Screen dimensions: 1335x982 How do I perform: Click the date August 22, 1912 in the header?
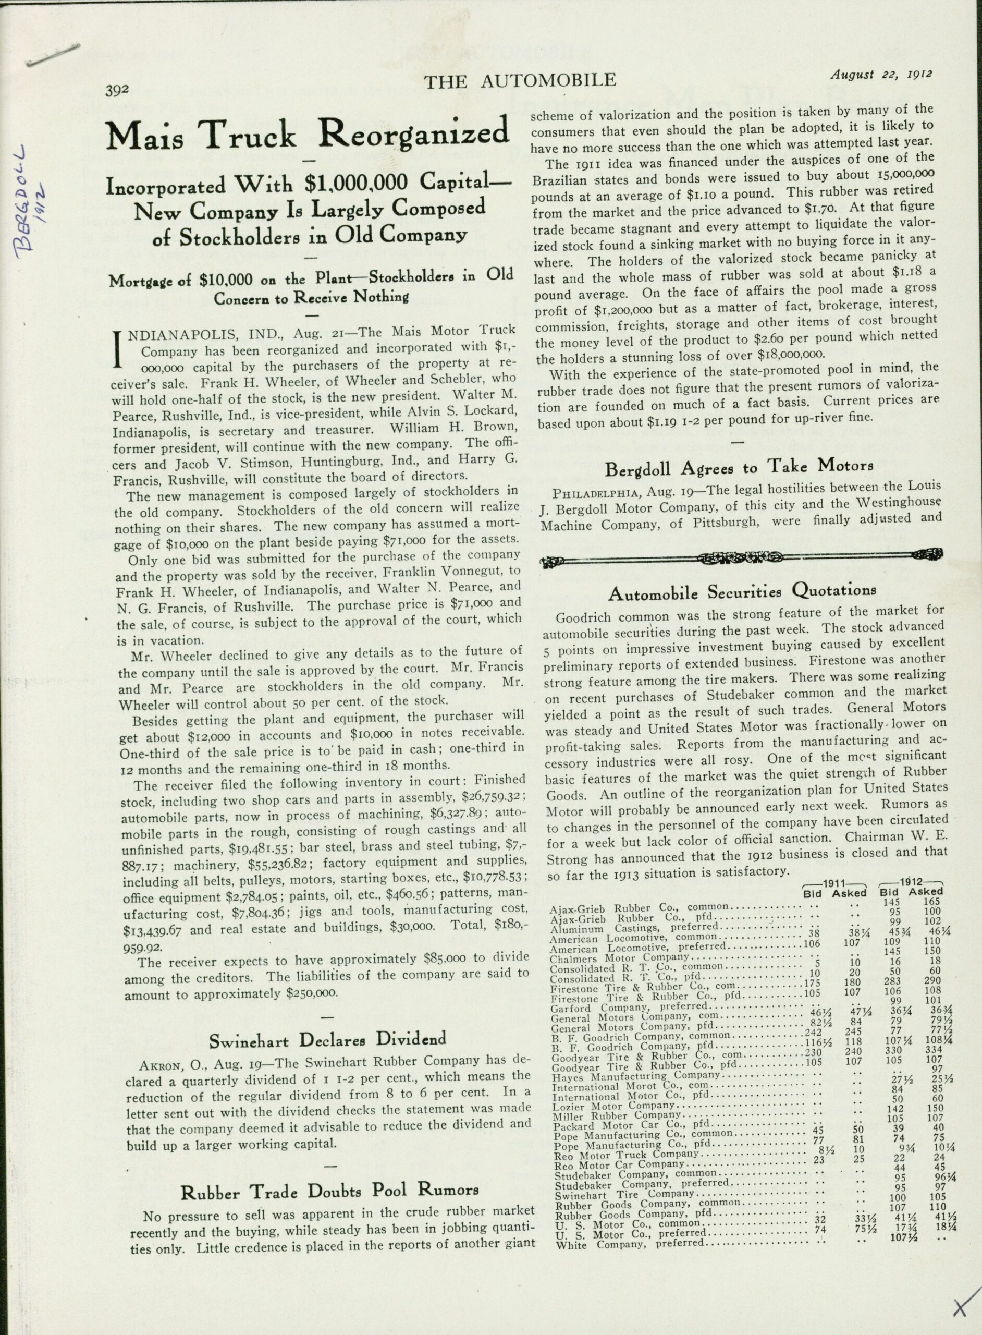[x=881, y=75]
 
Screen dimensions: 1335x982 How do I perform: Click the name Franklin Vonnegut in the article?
[x=441, y=571]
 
